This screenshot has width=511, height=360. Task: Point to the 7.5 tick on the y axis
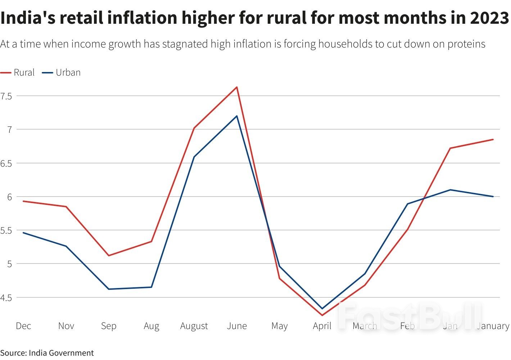(x=6, y=96)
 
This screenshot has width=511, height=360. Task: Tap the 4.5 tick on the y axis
(x=6, y=298)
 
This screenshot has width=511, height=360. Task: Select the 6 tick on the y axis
(x=9, y=197)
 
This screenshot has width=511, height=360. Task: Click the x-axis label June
(x=237, y=326)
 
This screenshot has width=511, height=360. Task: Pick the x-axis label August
(x=194, y=326)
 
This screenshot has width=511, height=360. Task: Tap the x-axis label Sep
(x=109, y=326)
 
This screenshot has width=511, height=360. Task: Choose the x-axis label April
(x=322, y=326)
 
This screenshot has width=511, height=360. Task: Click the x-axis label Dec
(x=23, y=326)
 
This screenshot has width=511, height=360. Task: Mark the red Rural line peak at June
(x=237, y=87)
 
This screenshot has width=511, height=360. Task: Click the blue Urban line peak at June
(x=237, y=116)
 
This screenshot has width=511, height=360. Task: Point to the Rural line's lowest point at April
(x=322, y=315)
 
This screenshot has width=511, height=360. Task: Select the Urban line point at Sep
(x=109, y=289)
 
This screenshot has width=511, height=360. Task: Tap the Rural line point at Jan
(x=450, y=148)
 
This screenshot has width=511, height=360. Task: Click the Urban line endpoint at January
(x=493, y=197)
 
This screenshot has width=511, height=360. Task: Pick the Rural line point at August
(x=194, y=128)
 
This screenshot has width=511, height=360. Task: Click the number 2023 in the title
(x=489, y=18)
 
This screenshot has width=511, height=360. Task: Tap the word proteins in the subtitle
(x=466, y=44)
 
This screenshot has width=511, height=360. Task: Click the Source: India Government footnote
(x=47, y=353)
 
